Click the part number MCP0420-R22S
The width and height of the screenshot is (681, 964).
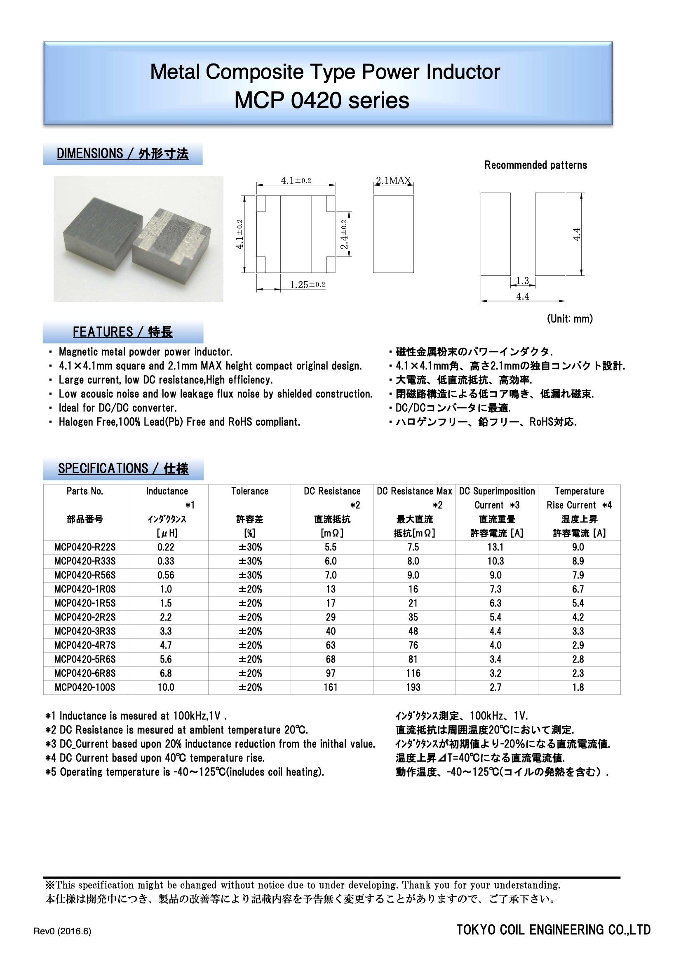pos(85,547)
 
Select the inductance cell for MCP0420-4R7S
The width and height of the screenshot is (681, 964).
pos(166,645)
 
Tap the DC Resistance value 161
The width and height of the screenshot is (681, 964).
pos(331,687)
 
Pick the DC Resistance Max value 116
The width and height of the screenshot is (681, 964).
pos(413,673)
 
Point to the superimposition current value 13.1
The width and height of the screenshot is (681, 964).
pos(495,547)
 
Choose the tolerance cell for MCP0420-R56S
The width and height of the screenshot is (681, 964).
pos(250,575)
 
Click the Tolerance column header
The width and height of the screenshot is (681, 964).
pos(250,491)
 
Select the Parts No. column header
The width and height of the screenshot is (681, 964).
pos(85,491)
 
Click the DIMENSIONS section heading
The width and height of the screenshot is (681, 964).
pos(122,154)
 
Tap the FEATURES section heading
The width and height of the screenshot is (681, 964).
pos(122,332)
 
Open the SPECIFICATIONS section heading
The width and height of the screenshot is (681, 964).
pos(123,468)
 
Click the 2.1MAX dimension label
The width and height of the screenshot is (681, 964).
pos(393,181)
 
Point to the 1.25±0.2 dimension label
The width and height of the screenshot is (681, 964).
pos(308,284)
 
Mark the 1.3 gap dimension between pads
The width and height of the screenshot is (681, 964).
pos(523,280)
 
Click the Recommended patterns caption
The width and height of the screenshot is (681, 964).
pos(535,165)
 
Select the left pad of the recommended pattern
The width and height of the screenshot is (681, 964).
pos(495,234)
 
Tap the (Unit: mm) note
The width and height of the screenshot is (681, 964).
pos(570,319)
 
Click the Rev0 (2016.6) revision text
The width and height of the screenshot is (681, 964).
pos(62,931)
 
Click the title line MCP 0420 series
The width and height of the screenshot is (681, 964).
pos(322,101)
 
